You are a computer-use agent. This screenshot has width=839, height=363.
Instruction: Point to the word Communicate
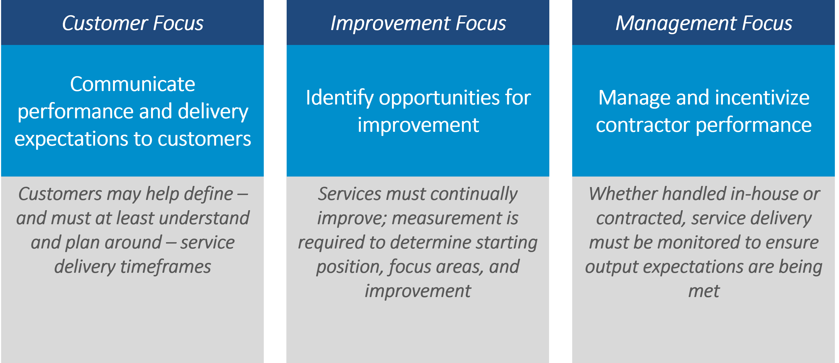click(133, 84)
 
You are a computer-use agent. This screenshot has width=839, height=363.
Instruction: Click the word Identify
click(339, 98)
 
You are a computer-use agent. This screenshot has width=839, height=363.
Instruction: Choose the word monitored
click(687, 242)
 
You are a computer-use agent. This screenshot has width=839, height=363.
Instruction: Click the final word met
click(704, 291)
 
